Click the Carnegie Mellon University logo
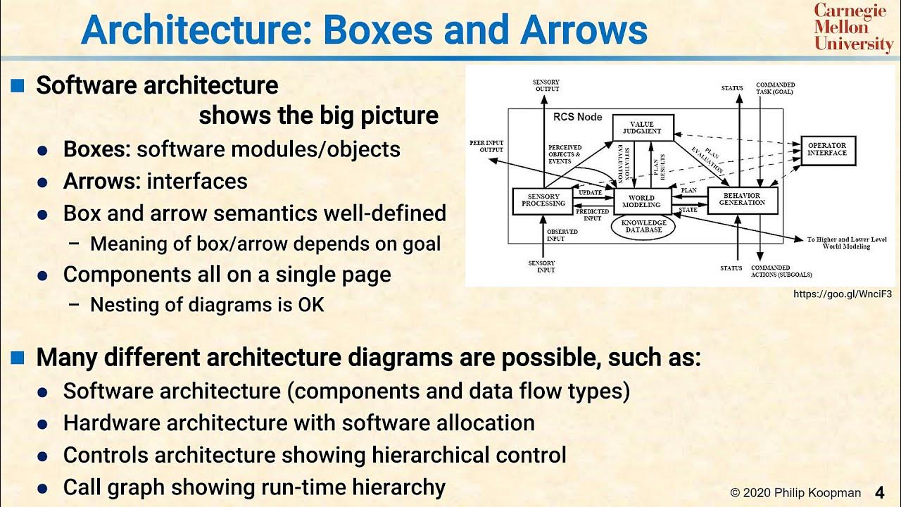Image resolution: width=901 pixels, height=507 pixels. pyautogui.click(x=853, y=27)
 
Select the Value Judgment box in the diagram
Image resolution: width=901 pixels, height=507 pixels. pyautogui.click(x=643, y=127)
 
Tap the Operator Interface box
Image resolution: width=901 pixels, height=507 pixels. pyautogui.click(x=828, y=150)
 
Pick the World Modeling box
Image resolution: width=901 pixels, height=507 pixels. pyautogui.click(x=641, y=201)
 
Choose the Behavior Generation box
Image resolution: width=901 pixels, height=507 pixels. pyautogui.click(x=741, y=200)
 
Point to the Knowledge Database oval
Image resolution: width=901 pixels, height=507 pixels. pyautogui.click(x=641, y=226)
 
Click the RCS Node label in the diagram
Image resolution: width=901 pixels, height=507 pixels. pyautogui.click(x=577, y=117)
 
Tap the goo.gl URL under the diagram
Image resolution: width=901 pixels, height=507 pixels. pyautogui.click(x=842, y=294)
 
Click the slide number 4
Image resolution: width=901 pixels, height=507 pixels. pyautogui.click(x=879, y=492)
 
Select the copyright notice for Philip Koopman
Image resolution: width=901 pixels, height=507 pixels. pyautogui.click(x=795, y=493)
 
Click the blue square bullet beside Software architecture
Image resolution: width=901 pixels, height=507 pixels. pyautogui.click(x=18, y=86)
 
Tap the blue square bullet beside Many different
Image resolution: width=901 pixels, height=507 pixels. pyautogui.click(x=18, y=358)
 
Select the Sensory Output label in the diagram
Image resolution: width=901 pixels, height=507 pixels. pyautogui.click(x=546, y=86)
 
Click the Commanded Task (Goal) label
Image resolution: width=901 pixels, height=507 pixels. pyautogui.click(x=775, y=89)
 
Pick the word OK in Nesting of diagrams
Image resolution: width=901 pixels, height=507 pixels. pyautogui.click(x=310, y=305)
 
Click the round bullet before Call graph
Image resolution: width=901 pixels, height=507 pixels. pyautogui.click(x=43, y=488)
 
